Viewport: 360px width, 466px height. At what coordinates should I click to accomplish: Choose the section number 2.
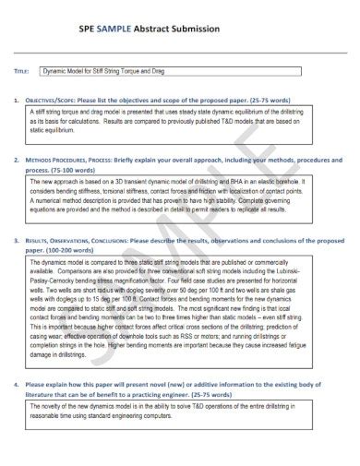click(17, 159)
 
